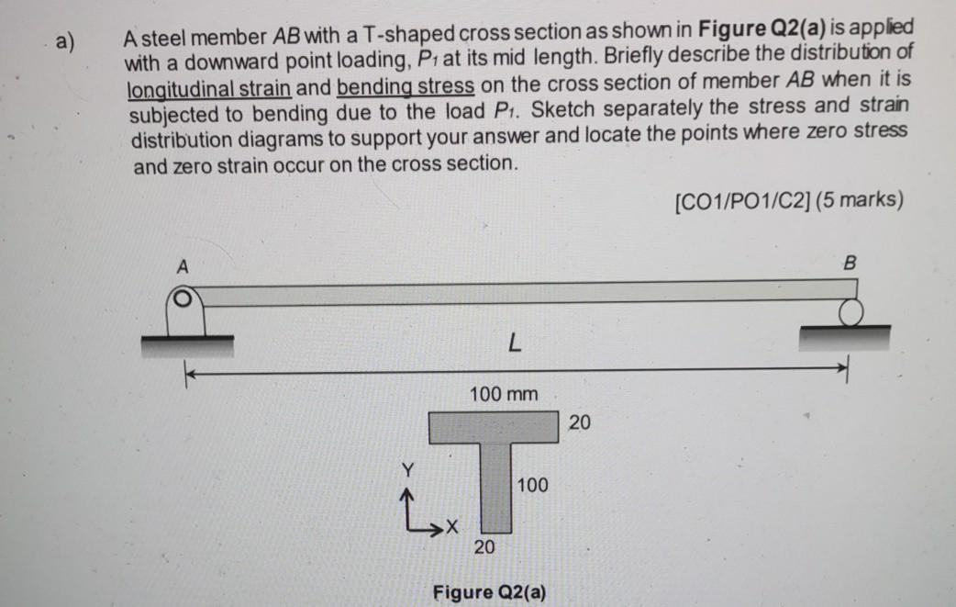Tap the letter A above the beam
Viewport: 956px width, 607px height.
click(x=182, y=266)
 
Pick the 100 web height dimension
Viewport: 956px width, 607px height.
click(x=532, y=484)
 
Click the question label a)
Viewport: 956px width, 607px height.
click(x=64, y=41)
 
